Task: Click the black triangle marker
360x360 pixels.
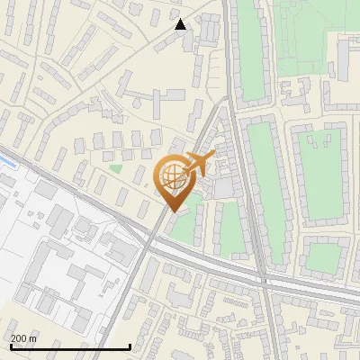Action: point(181,24)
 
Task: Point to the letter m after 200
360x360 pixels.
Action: point(33,338)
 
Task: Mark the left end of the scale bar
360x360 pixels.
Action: point(9,346)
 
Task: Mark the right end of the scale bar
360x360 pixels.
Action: point(130,346)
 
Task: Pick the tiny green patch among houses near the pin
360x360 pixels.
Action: point(115,167)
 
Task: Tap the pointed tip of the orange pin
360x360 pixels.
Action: point(171,211)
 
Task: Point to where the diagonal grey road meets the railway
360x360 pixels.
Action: point(148,236)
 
